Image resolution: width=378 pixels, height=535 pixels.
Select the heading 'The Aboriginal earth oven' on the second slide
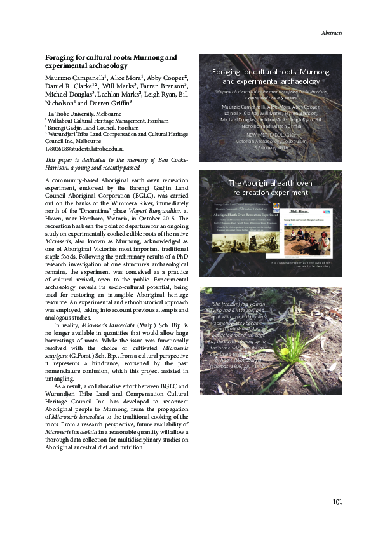pos(271,183)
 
